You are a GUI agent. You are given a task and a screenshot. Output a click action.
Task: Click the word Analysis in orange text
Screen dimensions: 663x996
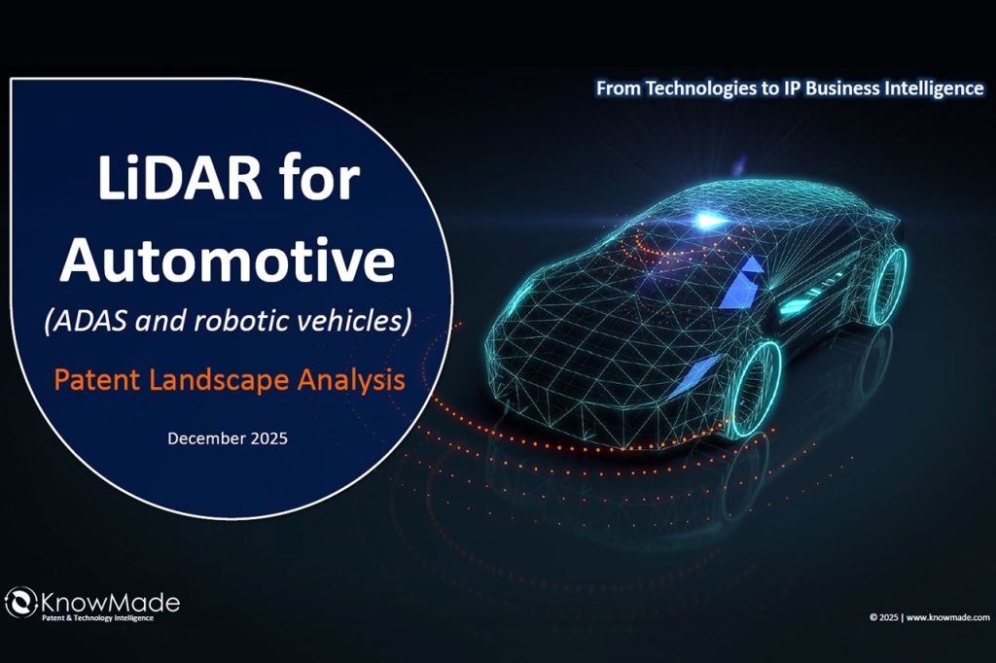[x=353, y=380]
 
